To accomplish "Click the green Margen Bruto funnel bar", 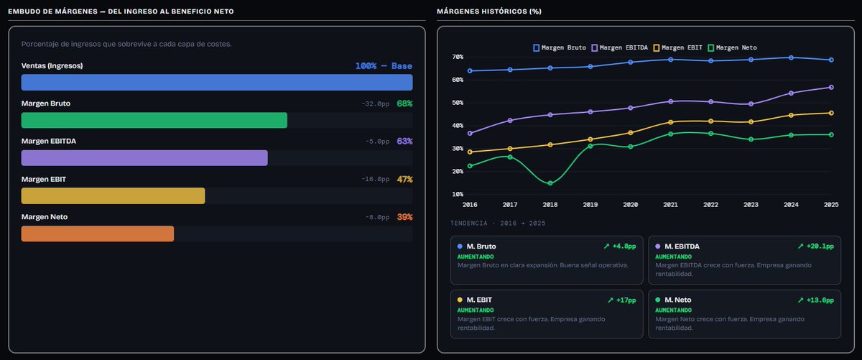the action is click(x=154, y=120).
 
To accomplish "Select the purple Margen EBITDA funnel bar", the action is click(x=144, y=158).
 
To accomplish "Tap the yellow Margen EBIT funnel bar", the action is click(x=113, y=196).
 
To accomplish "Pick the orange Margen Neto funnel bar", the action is click(x=98, y=234).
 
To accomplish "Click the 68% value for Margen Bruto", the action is click(x=404, y=103).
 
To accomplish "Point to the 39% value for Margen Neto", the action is click(x=404, y=217).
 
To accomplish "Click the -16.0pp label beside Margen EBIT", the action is click(x=375, y=179).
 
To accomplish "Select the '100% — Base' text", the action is click(x=384, y=66).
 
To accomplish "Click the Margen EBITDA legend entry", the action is click(x=619, y=47).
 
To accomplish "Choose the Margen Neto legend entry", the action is click(x=732, y=47).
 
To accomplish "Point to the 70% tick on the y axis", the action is click(x=458, y=57).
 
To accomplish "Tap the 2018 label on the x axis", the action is click(x=550, y=205).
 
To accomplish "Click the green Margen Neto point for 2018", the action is click(x=550, y=183).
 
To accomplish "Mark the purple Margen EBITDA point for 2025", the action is click(x=831, y=88).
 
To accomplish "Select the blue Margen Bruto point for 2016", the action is click(x=470, y=71).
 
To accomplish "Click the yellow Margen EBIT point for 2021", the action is click(x=671, y=122).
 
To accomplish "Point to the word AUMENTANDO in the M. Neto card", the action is click(x=674, y=310).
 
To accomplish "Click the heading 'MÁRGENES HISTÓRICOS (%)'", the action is click(x=489, y=11).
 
